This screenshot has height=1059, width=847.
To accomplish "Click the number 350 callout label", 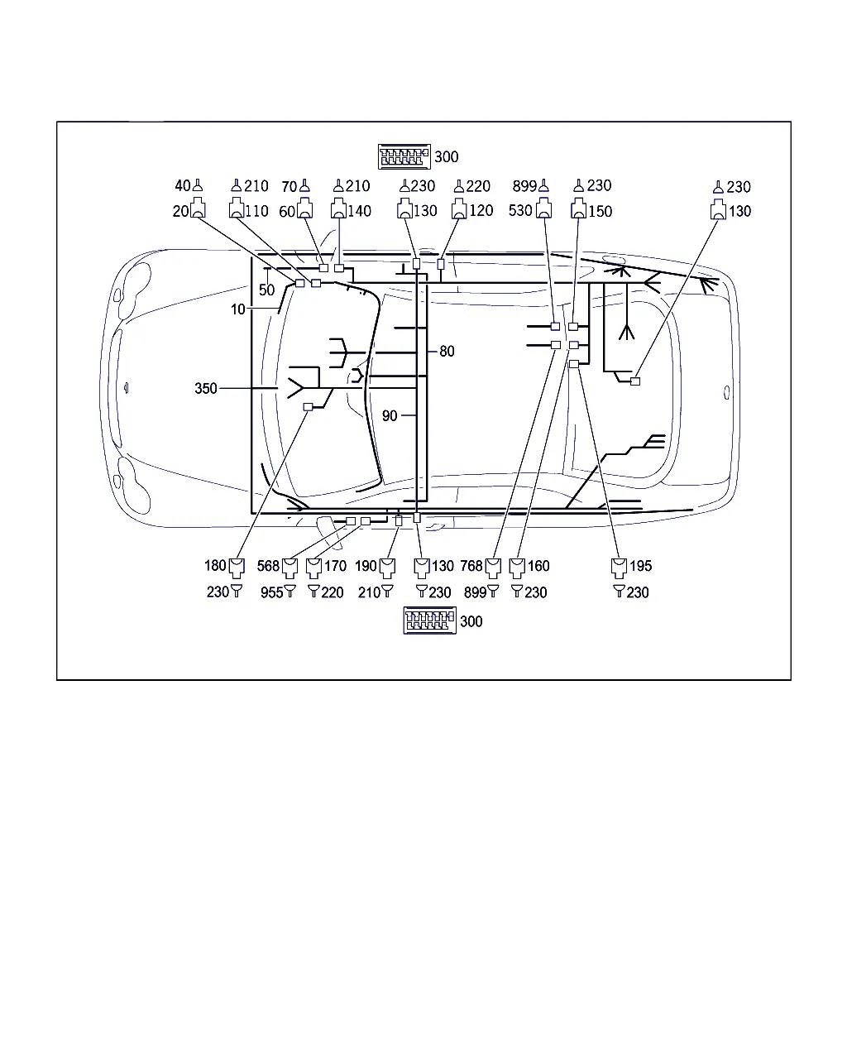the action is coord(206,389).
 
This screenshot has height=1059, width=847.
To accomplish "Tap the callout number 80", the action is coord(447,352).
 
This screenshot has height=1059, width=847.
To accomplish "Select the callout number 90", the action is coord(390,416).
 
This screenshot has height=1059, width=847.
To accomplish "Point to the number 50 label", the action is coord(266,290).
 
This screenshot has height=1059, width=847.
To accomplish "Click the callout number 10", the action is coord(237,309).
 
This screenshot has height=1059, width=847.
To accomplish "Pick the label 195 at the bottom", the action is coord(640,566).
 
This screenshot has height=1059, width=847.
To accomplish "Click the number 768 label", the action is coord(471,566).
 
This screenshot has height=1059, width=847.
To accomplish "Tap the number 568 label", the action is coord(268,566).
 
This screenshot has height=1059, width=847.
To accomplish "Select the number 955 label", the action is coord(272,592).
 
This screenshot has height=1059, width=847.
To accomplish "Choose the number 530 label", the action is coord(520,211).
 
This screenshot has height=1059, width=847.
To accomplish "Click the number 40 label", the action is coord(183,186).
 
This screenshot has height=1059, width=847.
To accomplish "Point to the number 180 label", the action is coord(215,565).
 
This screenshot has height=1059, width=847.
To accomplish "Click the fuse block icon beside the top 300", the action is coord(404,157).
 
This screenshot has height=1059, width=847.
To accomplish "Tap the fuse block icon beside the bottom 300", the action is coord(429,621).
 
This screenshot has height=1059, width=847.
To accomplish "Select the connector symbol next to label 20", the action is coord(198,208).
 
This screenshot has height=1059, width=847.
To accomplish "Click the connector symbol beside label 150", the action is coord(579,208).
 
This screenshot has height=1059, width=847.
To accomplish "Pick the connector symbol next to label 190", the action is coord(387,568).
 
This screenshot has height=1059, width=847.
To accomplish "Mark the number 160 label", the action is coord(538,566).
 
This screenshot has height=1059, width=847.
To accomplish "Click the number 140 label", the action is coord(359,211).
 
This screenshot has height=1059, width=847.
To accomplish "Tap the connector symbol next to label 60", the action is coord(304,208).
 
